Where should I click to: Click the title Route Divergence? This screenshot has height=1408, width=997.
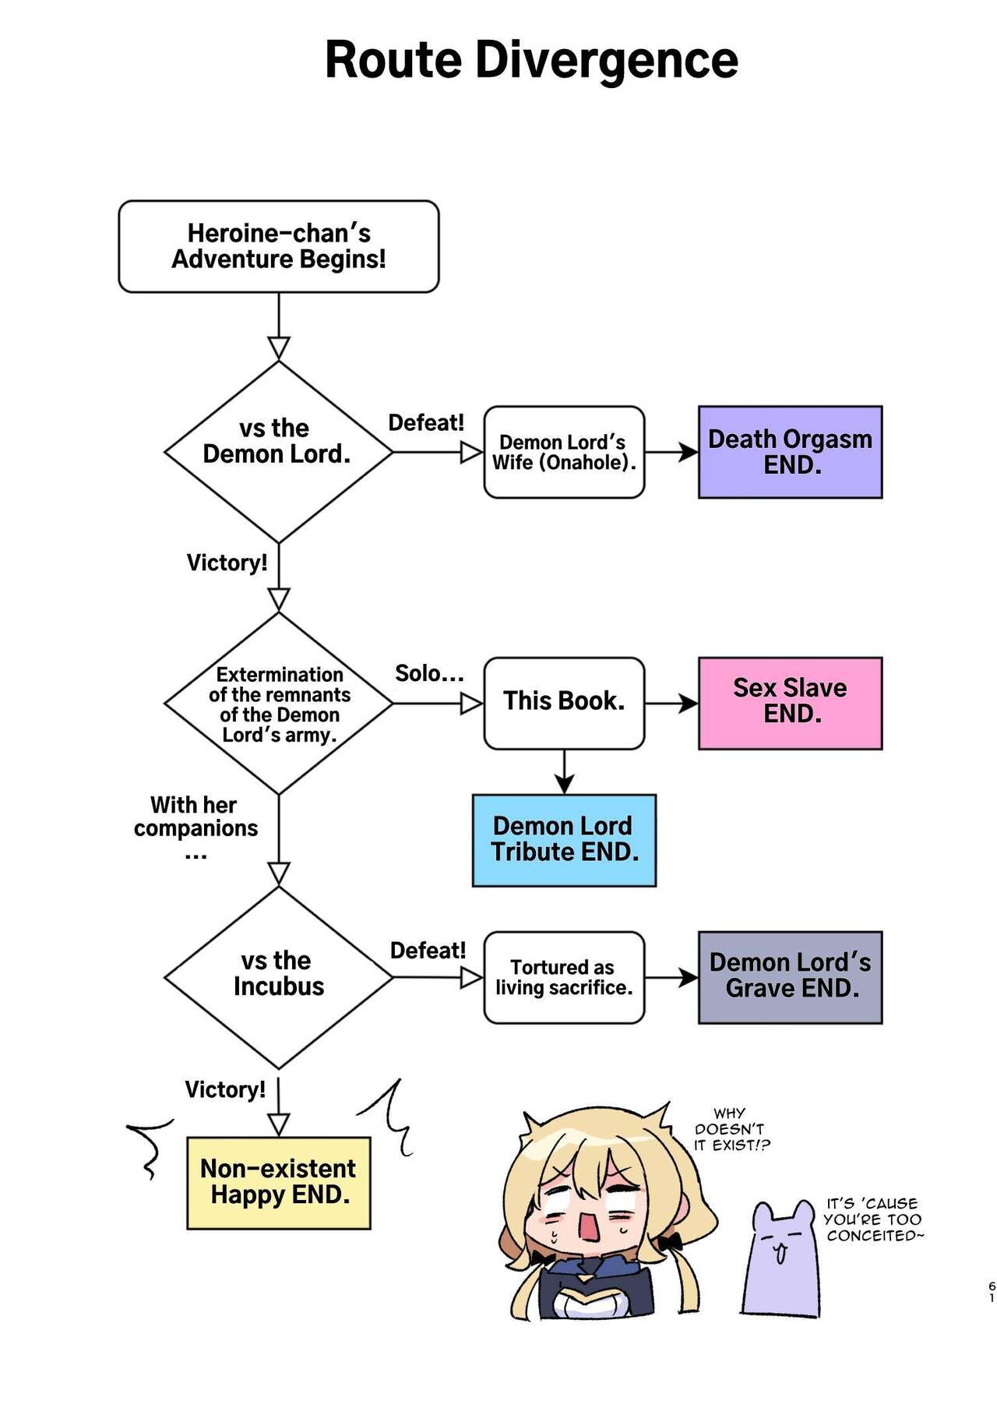click(x=531, y=60)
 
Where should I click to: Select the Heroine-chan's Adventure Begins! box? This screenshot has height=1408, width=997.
click(x=278, y=246)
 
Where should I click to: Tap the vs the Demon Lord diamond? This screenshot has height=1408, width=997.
click(x=278, y=451)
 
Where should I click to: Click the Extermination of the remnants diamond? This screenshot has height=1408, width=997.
click(x=278, y=704)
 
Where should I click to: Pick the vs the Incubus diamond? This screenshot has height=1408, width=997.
click(x=278, y=977)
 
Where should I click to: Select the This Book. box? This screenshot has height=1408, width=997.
click(x=564, y=703)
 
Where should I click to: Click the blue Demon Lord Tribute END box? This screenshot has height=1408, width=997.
click(x=564, y=840)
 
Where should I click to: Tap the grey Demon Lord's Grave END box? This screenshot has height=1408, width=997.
click(x=790, y=976)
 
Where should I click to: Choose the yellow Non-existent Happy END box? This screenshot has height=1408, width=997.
click(x=278, y=1182)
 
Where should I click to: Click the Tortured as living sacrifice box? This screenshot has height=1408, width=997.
click(x=564, y=977)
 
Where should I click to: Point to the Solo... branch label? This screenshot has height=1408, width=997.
click(x=428, y=673)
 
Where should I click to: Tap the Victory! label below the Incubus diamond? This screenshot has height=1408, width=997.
click(x=224, y=1089)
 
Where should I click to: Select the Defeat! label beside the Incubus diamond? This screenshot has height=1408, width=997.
click(x=428, y=951)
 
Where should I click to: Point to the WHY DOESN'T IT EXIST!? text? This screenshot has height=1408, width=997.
click(x=731, y=1129)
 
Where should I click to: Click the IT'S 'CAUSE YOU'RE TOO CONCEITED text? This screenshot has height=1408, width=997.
click(x=872, y=1219)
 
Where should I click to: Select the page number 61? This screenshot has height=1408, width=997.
click(x=992, y=1292)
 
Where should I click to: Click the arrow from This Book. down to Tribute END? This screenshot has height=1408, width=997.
click(x=564, y=773)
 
